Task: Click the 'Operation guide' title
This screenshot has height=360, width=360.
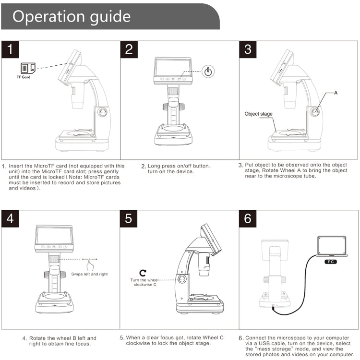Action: click(x=71, y=16)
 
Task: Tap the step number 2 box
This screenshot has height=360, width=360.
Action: click(x=129, y=49)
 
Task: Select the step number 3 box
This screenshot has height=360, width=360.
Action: click(x=248, y=49)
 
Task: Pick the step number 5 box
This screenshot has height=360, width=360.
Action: click(x=129, y=218)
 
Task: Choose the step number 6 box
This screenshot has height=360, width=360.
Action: click(x=248, y=218)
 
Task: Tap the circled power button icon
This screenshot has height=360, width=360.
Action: click(x=208, y=72)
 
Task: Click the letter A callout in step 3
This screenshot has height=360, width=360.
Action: click(x=336, y=92)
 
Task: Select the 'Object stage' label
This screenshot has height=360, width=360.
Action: click(x=258, y=114)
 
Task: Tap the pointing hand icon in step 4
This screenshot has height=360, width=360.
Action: click(x=89, y=264)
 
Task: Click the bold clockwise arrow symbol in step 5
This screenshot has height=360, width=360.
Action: click(x=143, y=272)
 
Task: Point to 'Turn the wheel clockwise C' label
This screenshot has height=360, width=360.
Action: click(x=144, y=282)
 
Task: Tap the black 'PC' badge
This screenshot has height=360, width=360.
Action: click(x=331, y=262)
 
